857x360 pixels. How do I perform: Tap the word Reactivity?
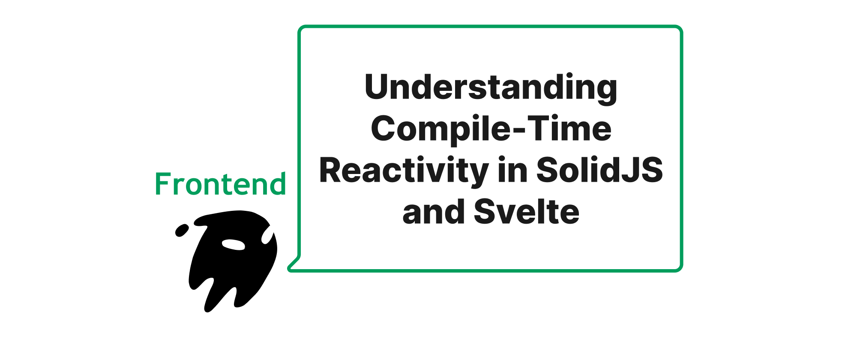point(404,171)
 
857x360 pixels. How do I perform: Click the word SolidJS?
point(599,170)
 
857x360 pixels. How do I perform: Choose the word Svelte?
point(527,211)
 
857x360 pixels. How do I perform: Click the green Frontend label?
point(220,184)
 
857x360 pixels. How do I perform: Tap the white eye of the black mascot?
point(233,244)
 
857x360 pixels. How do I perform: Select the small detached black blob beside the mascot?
point(182,230)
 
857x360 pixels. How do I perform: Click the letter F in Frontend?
point(163,184)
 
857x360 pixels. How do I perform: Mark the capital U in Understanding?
point(377,87)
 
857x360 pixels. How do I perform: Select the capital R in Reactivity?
point(331,170)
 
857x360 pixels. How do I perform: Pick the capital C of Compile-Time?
point(383,128)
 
